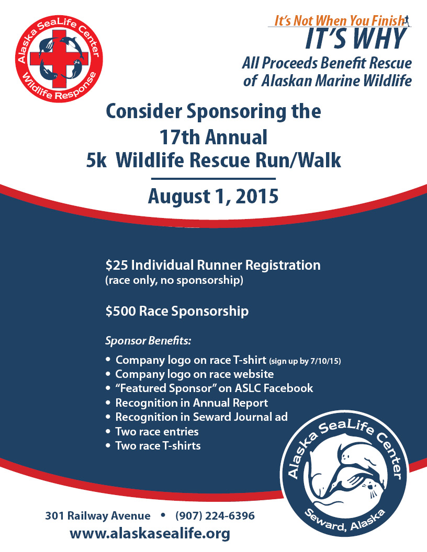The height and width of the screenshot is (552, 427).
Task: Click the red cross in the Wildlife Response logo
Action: click(x=59, y=59)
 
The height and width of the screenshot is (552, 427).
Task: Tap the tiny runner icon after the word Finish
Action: click(x=407, y=20)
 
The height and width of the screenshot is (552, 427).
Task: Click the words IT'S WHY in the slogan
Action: click(x=356, y=39)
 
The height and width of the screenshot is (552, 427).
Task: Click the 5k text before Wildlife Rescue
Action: click(x=96, y=160)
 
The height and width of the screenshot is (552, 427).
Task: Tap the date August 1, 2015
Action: click(x=213, y=196)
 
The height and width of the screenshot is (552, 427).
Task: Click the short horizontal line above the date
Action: click(x=213, y=179)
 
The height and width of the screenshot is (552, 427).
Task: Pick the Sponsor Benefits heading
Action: click(x=148, y=341)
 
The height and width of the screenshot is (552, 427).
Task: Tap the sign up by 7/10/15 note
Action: click(x=305, y=361)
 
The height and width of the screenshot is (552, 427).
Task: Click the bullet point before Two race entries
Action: click(x=108, y=432)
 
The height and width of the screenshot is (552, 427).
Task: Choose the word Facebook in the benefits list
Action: click(x=288, y=388)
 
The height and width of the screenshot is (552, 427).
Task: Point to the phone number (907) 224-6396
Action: click(x=215, y=516)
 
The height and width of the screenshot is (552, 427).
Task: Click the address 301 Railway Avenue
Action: click(x=97, y=516)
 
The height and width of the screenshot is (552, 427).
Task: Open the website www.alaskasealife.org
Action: click(x=150, y=534)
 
